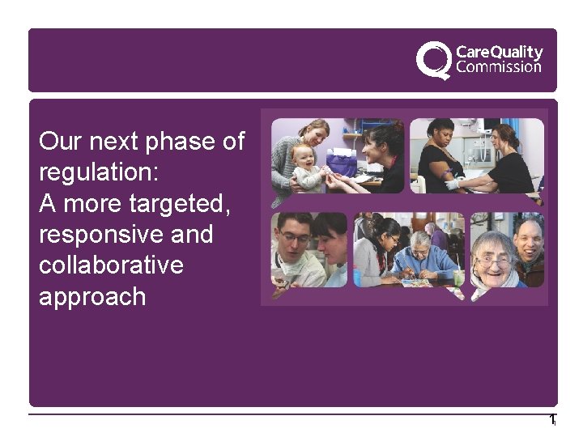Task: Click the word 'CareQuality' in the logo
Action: tap(499, 53)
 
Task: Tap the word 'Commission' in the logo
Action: tap(499, 67)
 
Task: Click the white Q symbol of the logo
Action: tap(434, 61)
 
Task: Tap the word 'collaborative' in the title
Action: tap(111, 265)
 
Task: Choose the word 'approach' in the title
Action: tap(92, 297)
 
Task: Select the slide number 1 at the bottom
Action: tap(551, 420)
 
